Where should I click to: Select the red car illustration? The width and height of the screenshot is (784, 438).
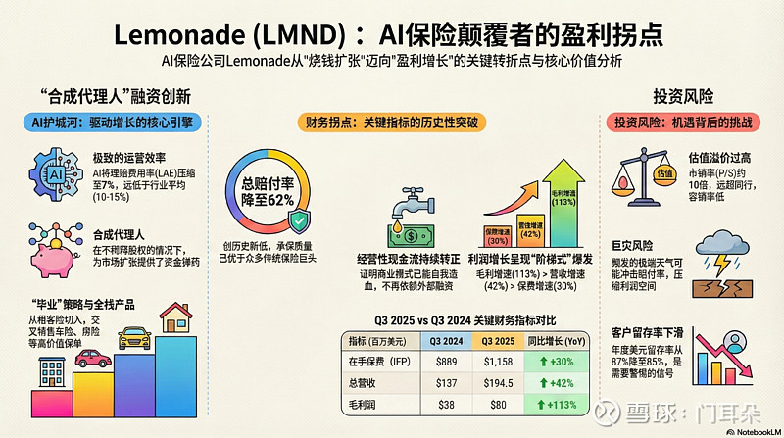[x=94, y=357]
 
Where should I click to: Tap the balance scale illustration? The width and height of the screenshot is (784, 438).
[x=647, y=176]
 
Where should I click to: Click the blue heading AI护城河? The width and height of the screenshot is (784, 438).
[x=108, y=125]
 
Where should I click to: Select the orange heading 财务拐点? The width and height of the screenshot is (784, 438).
[x=391, y=125]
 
